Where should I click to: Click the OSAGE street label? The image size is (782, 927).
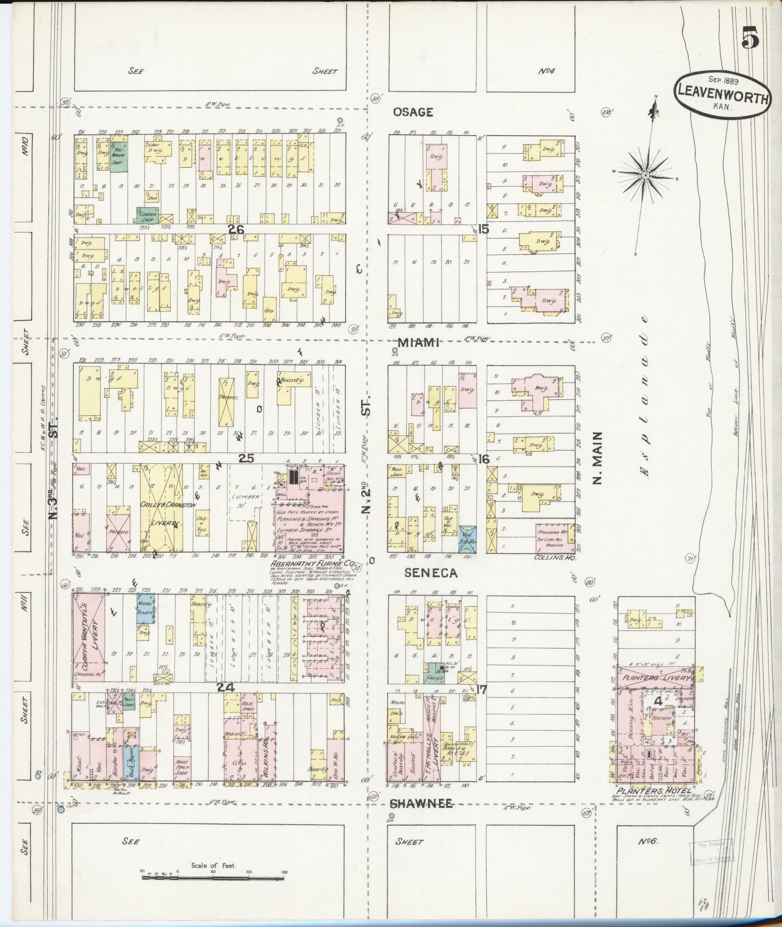[413, 112]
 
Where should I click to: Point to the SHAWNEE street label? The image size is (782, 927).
[422, 804]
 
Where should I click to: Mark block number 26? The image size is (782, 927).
[236, 229]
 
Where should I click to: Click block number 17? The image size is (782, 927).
[482, 689]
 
